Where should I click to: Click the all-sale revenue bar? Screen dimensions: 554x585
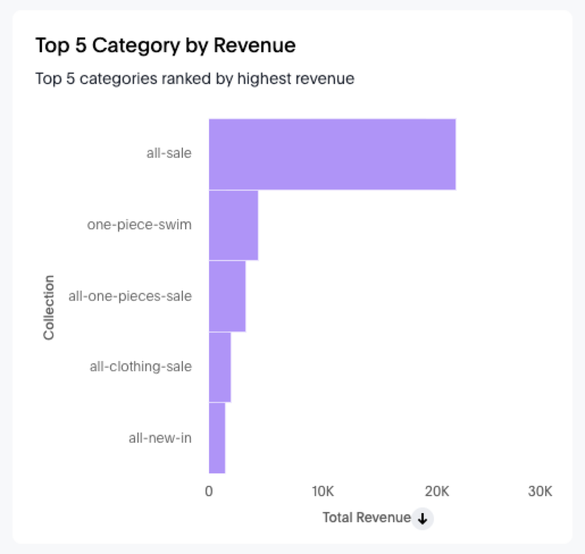332,154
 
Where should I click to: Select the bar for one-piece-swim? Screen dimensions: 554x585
233,225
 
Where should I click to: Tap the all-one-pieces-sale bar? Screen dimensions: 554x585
227,296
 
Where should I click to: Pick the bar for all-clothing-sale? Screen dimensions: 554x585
220,367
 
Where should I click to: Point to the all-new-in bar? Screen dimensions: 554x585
217,438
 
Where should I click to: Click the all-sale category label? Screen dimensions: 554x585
169,153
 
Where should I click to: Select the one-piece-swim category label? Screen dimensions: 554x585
139,225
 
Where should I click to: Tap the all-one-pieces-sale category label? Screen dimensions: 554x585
130,296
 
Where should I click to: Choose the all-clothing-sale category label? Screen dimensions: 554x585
140,367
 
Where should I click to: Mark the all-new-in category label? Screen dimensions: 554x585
160,438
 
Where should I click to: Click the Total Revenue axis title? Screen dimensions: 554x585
366,517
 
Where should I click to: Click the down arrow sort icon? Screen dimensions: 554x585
422,518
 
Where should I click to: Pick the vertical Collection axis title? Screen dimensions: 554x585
49,307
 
